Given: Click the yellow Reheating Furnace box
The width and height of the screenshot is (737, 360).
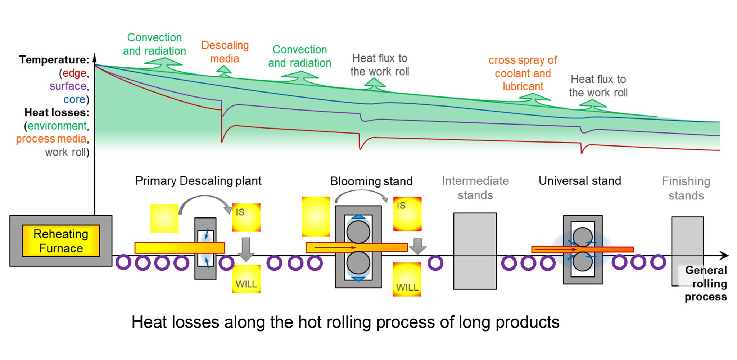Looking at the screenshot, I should click(x=61, y=241).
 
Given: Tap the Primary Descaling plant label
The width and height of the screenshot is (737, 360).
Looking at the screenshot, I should click(x=198, y=181).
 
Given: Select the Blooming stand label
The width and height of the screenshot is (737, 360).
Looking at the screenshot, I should click(x=371, y=181).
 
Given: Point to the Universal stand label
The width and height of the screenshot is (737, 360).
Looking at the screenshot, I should click(x=579, y=181).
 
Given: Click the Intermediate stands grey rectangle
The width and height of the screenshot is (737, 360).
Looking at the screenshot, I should click(x=475, y=251).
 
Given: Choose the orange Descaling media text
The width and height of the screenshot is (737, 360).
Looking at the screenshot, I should click(x=225, y=52).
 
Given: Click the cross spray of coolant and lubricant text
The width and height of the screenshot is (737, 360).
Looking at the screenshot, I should click(x=523, y=73).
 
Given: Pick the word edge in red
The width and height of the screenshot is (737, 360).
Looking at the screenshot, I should click(x=74, y=73).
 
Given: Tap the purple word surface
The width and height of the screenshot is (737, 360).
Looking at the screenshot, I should click(x=68, y=86).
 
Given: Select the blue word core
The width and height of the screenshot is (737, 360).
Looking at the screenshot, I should click(x=74, y=99).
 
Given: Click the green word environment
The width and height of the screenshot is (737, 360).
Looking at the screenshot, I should click(x=57, y=126).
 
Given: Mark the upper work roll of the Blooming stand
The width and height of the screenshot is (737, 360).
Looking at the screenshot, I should click(x=358, y=232).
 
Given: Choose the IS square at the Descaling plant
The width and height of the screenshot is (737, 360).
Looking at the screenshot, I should click(x=246, y=217).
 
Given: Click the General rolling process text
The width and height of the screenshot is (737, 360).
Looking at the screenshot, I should click(x=706, y=284).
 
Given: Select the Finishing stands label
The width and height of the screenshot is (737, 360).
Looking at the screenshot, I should click(x=686, y=188).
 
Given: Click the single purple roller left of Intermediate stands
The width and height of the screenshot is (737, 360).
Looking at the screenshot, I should click(x=435, y=263).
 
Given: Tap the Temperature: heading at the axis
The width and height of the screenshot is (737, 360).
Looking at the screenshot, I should click(x=54, y=60).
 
